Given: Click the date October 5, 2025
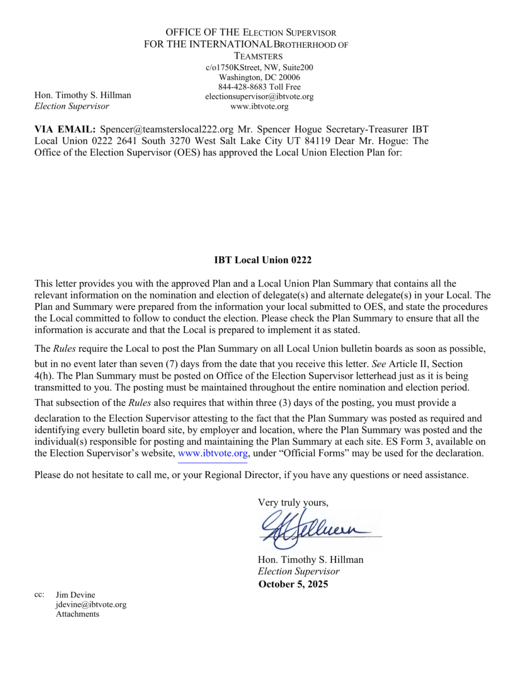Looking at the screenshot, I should click(x=293, y=585).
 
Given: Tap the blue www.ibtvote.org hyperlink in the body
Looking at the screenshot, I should click(x=213, y=453).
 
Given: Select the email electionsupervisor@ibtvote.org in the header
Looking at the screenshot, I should click(x=259, y=96).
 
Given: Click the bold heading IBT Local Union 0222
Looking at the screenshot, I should click(x=263, y=260).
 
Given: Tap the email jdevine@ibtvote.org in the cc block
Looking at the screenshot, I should click(x=91, y=604).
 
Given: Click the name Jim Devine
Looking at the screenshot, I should click(x=75, y=595).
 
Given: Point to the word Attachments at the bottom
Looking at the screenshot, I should click(x=77, y=614).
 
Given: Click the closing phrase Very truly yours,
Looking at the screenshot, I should click(x=293, y=502).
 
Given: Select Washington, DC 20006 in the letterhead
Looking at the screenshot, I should click(x=259, y=77).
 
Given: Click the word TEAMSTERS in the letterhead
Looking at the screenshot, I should click(x=258, y=56).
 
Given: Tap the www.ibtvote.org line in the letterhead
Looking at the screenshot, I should click(x=259, y=106).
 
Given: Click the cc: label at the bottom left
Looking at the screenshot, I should click(x=39, y=595).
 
